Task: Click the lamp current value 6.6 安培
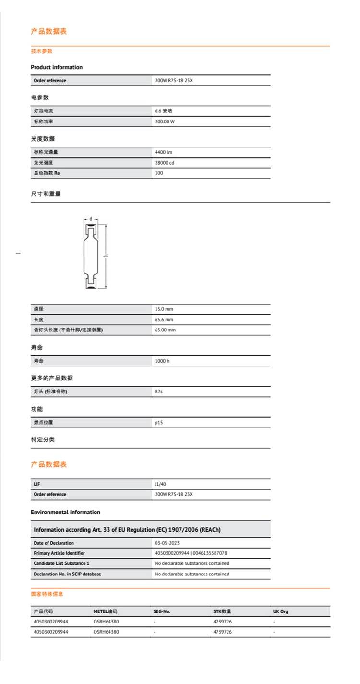click(x=163, y=111)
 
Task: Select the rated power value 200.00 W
click(x=164, y=122)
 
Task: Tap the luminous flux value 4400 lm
click(x=163, y=152)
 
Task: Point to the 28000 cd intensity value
click(x=164, y=163)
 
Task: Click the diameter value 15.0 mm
click(x=164, y=309)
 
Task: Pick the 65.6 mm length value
click(x=164, y=320)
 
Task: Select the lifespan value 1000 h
click(x=162, y=361)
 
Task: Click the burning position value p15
click(x=159, y=423)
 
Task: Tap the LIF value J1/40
click(x=160, y=484)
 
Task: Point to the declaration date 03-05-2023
click(x=167, y=543)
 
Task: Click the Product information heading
click(x=57, y=67)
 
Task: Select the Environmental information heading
click(x=65, y=512)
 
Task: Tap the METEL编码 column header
click(x=105, y=612)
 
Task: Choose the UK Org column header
click(x=280, y=612)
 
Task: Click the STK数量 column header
click(x=222, y=612)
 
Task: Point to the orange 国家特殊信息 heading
click(x=47, y=594)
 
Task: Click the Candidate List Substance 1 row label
click(x=61, y=563)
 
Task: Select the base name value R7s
click(x=159, y=392)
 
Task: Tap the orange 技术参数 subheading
click(x=42, y=51)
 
